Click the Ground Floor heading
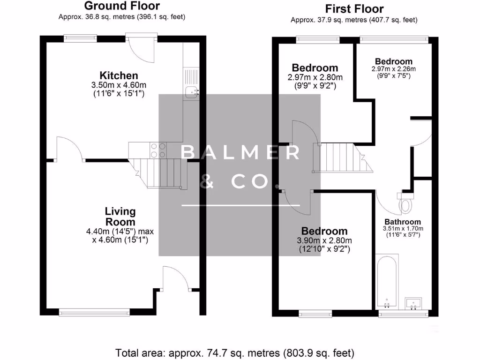click(x=122, y=6)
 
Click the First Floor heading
click(x=354, y=9)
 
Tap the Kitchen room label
click(x=119, y=75)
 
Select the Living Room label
click(x=120, y=217)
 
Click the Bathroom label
click(x=403, y=222)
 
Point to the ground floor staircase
click(x=159, y=172)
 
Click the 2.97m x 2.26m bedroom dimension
click(x=394, y=69)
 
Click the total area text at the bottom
click(x=234, y=352)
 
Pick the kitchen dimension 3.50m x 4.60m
click(x=119, y=85)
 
